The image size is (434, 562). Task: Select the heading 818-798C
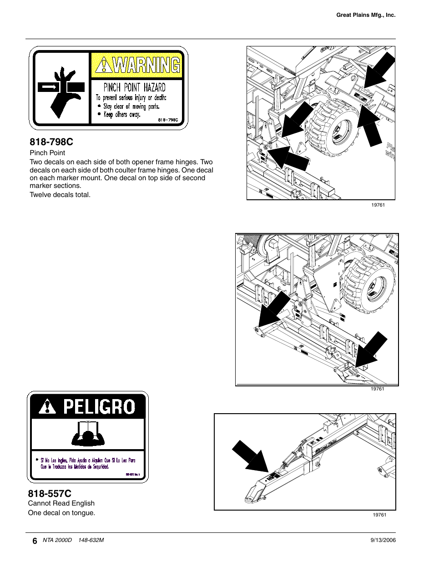point(51,142)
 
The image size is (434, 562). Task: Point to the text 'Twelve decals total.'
point(60,195)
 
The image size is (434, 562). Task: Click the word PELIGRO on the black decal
point(99,406)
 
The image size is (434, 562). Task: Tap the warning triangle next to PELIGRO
point(47,406)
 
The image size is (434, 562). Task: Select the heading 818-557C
point(50,493)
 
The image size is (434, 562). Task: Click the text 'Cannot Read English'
point(61,503)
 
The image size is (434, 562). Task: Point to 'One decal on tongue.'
point(61,513)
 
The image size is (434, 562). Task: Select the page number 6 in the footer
point(35,541)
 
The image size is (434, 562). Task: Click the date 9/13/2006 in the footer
point(383,540)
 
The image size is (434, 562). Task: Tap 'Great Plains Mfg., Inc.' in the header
point(366,15)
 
